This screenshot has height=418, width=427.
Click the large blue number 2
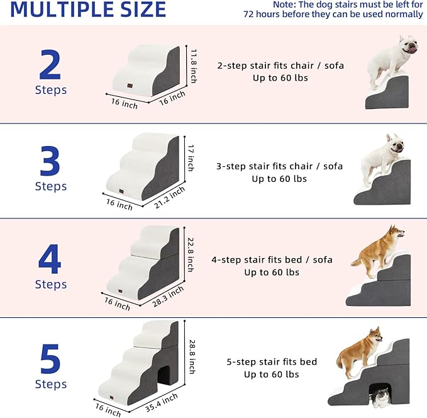tap(50, 64)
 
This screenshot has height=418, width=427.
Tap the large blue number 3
tap(50, 161)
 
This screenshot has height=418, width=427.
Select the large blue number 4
tap(50, 259)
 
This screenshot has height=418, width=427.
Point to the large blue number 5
tap(50, 358)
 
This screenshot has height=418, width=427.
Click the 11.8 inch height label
tap(194, 67)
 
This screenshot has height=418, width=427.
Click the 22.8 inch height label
tap(191, 254)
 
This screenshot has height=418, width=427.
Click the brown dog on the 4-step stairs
tap(377, 252)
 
